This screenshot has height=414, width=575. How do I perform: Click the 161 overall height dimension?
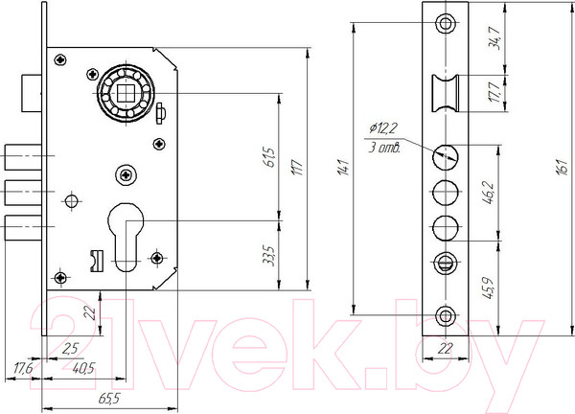pos(563,167)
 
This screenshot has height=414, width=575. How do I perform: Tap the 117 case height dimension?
pos(298,167)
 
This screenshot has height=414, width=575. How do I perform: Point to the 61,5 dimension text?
pos(269,157)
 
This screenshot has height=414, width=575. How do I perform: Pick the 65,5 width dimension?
pos(109,399)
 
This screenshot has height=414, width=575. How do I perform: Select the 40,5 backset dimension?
pos(83,368)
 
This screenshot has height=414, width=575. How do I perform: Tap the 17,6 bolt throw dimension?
pos(23,368)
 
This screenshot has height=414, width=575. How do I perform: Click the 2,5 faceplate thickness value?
pos(70,349)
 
